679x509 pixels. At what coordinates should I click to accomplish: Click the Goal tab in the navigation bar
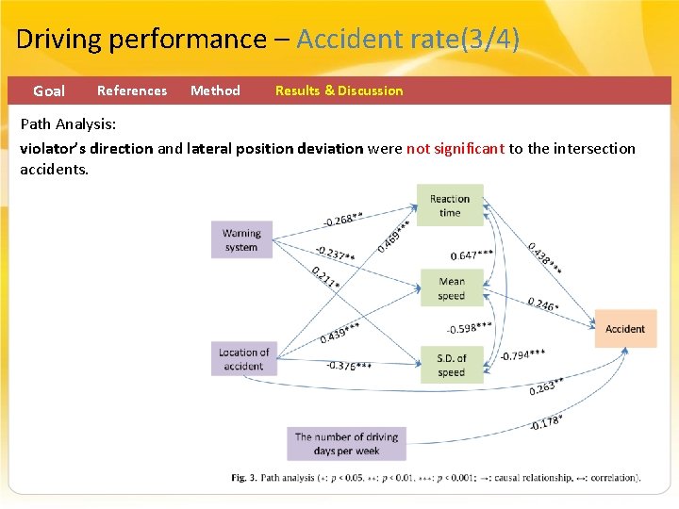click(x=49, y=91)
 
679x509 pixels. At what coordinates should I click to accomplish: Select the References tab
click(x=132, y=91)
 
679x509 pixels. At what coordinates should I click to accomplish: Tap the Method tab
click(x=215, y=91)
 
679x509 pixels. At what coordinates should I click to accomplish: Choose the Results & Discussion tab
click(x=339, y=91)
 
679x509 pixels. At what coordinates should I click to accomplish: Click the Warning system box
click(x=241, y=239)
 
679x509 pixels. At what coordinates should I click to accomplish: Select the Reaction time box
click(x=450, y=205)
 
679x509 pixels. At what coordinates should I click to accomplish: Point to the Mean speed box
click(x=452, y=288)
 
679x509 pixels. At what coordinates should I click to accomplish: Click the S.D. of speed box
click(x=452, y=365)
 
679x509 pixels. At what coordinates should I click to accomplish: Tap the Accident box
click(x=624, y=329)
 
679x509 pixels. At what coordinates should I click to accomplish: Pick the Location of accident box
click(x=243, y=359)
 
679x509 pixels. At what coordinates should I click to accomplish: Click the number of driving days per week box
click(x=346, y=443)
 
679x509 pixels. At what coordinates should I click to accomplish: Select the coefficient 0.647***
click(x=472, y=255)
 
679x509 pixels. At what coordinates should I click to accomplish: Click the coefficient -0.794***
click(x=522, y=355)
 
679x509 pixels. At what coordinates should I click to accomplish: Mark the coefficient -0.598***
click(x=469, y=328)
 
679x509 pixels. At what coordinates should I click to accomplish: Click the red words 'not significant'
click(x=455, y=148)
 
